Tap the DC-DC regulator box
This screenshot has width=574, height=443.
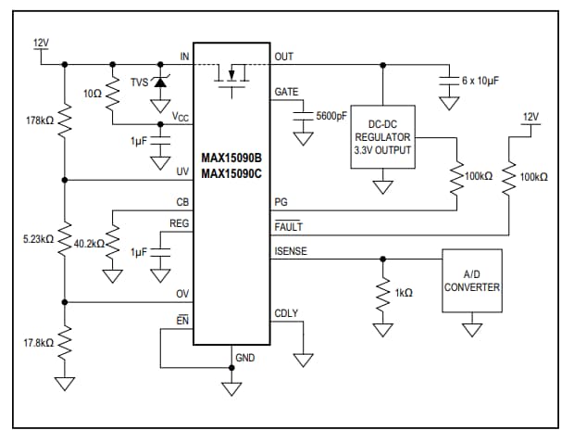382,136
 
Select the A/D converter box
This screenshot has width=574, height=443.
472,281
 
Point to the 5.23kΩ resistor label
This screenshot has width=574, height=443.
41,240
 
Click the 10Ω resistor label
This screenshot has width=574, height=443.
93,94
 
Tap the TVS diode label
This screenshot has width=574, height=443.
139,82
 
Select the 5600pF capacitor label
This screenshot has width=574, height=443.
331,117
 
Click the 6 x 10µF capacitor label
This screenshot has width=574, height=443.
480,82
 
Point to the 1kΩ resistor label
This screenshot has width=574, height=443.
403,293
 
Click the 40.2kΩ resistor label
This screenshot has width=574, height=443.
90,244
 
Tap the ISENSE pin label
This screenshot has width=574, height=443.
290,251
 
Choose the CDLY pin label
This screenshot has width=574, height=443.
286,313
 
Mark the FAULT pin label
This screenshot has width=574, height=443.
288,227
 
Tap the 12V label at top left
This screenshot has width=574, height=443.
41,44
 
